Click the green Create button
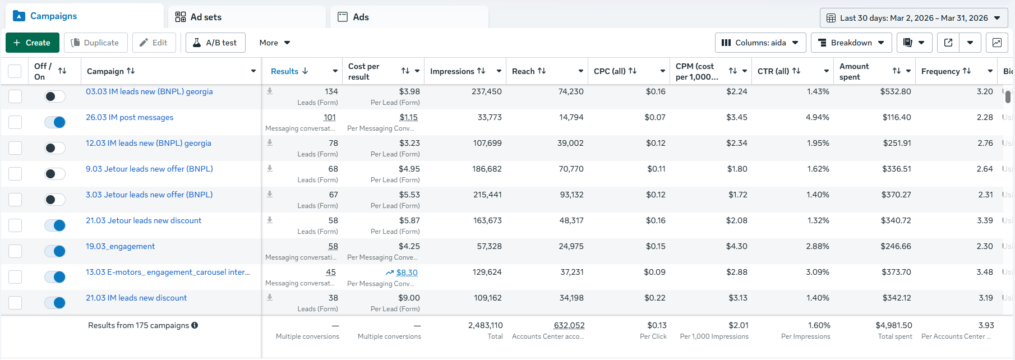coord(33,43)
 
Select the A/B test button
coord(215,43)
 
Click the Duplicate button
coord(95,43)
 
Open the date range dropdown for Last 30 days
coord(913,18)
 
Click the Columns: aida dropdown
coord(760,43)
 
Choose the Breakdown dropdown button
coord(851,43)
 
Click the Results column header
coord(285,71)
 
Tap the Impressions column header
coord(453,71)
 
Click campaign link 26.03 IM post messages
coord(130,117)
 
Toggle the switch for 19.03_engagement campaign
coord(55,251)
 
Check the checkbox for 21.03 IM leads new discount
coord(15,303)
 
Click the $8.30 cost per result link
coord(407,273)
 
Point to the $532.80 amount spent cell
coord(896,91)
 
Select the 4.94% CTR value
coord(818,117)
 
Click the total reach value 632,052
coord(569,325)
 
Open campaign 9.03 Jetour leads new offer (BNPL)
coord(149,169)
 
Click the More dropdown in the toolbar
coord(275,43)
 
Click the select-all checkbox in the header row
coord(15,71)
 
